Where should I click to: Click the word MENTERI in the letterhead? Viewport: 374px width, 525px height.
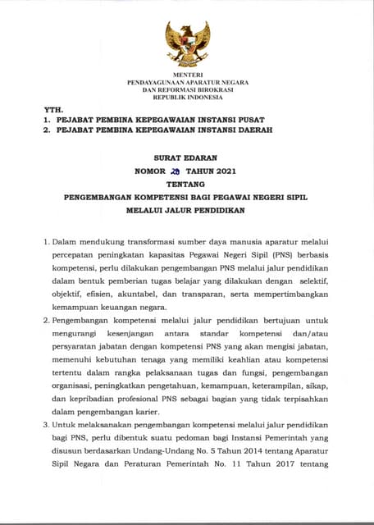[187, 75]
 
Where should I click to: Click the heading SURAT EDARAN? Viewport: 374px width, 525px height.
[187, 160]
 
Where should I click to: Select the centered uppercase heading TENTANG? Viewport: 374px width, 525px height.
[187, 185]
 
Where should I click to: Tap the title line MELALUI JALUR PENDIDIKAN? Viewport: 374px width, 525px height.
[187, 210]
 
